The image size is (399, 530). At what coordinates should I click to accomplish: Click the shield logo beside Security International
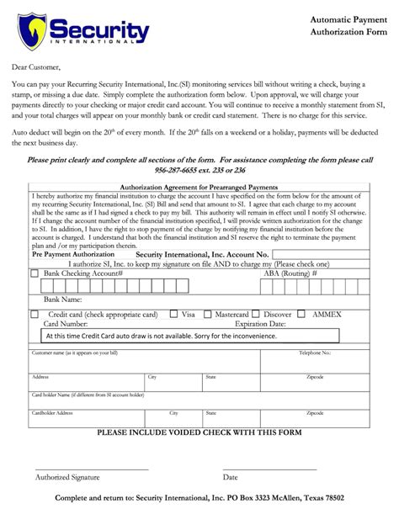click(32, 31)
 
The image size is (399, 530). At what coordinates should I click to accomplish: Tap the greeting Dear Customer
click(37, 66)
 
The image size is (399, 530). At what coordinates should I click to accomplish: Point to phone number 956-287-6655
click(179, 169)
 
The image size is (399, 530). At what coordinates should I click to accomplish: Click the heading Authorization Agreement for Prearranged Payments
click(199, 187)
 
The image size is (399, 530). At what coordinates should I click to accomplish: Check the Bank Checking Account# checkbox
click(34, 273)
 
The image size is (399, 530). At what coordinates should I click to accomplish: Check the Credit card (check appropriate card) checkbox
click(34, 315)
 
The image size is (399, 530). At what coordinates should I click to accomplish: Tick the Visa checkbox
click(174, 315)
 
